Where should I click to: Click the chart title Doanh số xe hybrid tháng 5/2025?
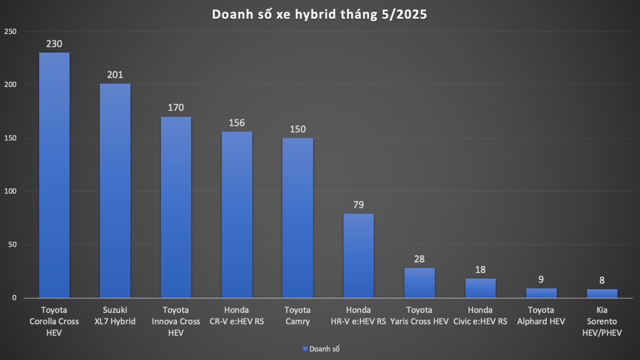(320, 15)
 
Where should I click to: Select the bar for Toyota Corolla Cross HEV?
(54, 175)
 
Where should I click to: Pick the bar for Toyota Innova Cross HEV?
(176, 207)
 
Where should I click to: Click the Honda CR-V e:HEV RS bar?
(237, 215)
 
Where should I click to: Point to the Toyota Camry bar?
(298, 218)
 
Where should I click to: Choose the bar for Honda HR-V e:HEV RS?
(358, 255)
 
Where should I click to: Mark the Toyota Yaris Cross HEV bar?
(419, 283)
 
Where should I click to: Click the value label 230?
(54, 44)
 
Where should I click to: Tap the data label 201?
(115, 75)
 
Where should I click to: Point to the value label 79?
(358, 205)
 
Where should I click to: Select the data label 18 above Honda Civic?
(480, 270)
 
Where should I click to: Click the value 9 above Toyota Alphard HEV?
(541, 280)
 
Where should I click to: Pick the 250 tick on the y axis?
(10, 32)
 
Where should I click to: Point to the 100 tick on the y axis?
(10, 191)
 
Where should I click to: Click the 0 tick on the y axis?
(15, 298)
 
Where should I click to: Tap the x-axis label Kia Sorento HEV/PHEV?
(602, 321)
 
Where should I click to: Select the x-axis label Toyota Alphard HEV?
(541, 316)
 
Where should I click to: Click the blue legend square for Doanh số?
(305, 349)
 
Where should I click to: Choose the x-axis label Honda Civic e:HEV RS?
(480, 316)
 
